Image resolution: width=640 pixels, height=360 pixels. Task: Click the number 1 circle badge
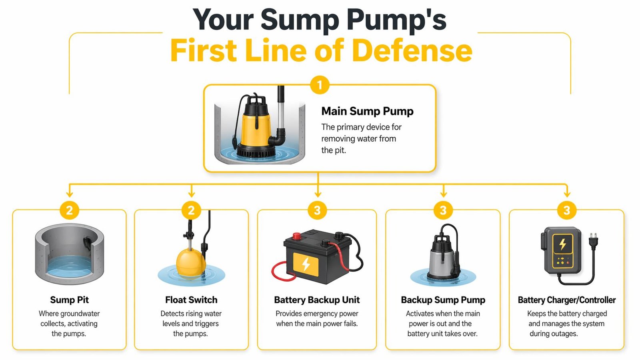(x=319, y=85)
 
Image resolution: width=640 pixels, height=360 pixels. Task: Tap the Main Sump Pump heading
(x=367, y=111)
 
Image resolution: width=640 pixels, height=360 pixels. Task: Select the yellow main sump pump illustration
(x=255, y=126)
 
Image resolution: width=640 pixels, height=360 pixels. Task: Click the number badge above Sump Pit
(x=69, y=210)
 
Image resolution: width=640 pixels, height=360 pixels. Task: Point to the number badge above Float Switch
(x=191, y=210)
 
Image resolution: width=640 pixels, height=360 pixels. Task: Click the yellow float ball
(x=191, y=263)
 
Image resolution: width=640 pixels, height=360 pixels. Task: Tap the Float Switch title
(x=191, y=300)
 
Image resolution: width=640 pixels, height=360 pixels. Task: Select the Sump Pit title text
(x=69, y=300)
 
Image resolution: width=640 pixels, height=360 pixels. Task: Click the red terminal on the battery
(x=296, y=236)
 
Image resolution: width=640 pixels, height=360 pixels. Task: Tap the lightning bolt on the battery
(x=306, y=264)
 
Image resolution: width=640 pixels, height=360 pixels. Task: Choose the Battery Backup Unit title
(x=317, y=300)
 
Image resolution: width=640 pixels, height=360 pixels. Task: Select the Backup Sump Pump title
(x=443, y=300)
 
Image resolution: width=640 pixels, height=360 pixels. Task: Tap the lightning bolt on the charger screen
(x=562, y=244)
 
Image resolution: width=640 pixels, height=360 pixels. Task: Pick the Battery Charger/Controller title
(x=566, y=300)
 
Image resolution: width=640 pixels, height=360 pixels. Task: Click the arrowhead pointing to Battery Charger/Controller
(x=567, y=194)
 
